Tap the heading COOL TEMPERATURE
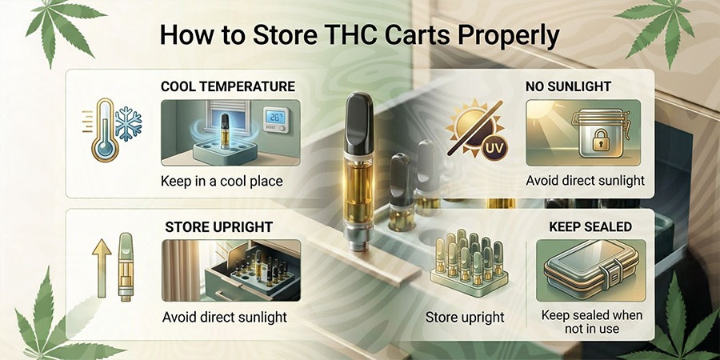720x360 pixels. pyautogui.click(x=228, y=86)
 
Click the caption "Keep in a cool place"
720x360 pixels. pyautogui.click(x=222, y=181)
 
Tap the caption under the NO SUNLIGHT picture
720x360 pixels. pyautogui.click(x=585, y=181)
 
